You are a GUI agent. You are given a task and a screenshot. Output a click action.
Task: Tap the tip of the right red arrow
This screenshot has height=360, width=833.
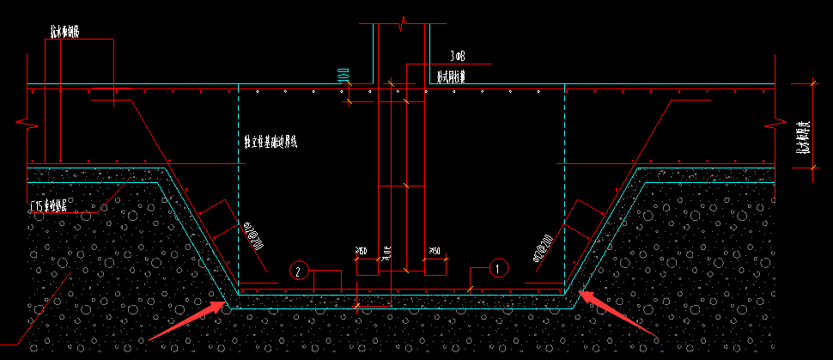580,293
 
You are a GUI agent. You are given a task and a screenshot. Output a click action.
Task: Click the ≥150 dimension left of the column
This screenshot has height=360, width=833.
361,251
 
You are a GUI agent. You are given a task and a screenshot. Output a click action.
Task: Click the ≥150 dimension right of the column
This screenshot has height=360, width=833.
435,251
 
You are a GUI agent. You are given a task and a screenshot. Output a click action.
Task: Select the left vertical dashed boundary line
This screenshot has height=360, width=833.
237,189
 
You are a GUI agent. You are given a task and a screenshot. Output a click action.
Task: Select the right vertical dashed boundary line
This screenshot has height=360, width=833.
564,189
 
